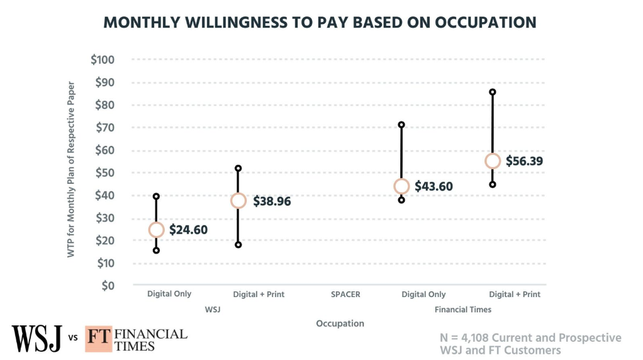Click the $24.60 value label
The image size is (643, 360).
[188, 230]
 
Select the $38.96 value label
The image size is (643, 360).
[272, 201]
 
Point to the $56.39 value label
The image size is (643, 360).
[524, 161]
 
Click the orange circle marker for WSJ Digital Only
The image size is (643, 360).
[156, 230]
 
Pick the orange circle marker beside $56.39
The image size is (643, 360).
[493, 161]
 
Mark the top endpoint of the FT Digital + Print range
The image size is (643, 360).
[493, 92]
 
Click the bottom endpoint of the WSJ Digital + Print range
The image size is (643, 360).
[238, 245]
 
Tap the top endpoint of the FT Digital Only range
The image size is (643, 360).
[401, 125]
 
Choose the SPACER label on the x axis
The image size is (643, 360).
[345, 294]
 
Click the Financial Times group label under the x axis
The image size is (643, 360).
[463, 310]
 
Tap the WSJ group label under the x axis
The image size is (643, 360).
[212, 310]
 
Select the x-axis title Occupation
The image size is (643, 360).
[340, 323]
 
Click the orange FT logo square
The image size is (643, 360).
[97, 338]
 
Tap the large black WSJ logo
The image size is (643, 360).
[37, 338]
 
